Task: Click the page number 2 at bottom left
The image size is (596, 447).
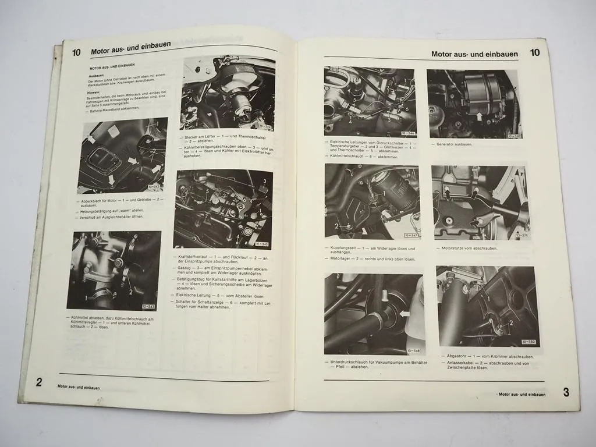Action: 39,382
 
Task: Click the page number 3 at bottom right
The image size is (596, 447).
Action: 566,392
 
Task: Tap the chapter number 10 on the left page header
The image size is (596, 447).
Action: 76,52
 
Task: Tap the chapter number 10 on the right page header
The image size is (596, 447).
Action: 535,53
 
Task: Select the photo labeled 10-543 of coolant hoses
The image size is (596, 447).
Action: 113,271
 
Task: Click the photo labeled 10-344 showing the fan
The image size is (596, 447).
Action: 219,94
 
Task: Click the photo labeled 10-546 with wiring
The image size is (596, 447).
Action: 370,102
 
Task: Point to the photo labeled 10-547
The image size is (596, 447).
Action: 371,201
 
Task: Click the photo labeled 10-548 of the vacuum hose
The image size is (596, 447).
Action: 373,314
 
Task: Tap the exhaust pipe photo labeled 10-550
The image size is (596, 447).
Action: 485,306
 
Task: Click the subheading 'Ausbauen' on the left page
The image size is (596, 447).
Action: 97,76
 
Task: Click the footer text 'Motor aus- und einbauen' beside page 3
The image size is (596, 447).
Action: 522,394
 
